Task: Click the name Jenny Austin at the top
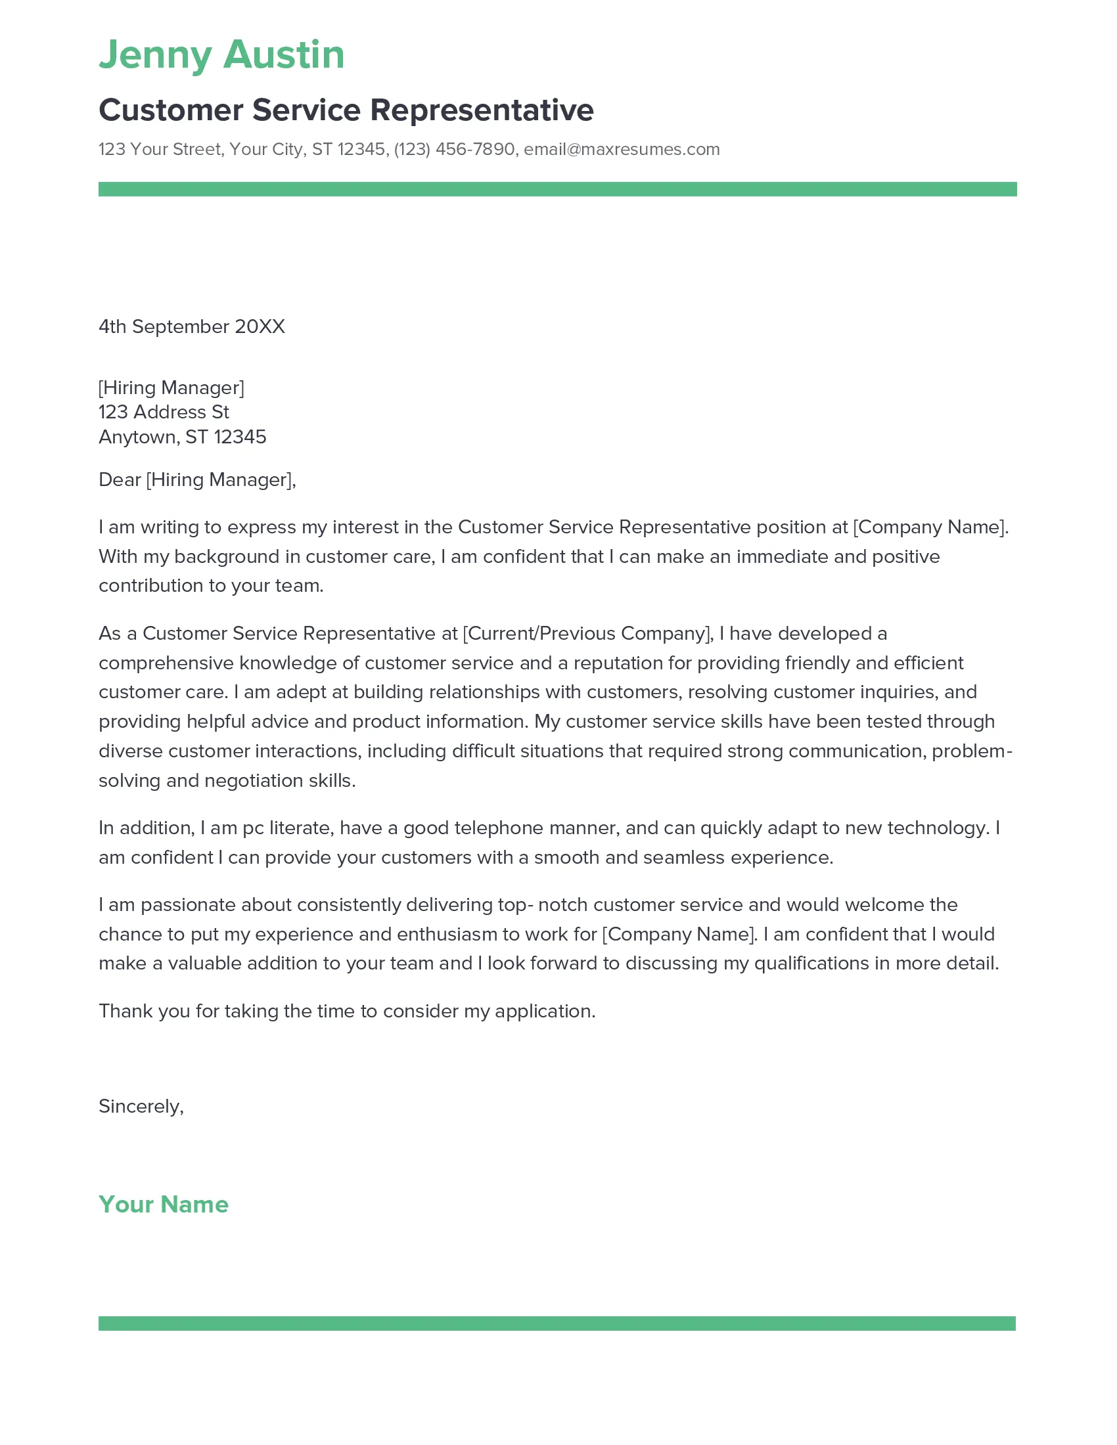point(221,55)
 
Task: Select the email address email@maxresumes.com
point(622,150)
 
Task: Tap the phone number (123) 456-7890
point(454,150)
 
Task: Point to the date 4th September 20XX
point(191,327)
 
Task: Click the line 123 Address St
point(164,412)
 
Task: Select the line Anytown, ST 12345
point(182,437)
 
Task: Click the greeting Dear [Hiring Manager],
point(196,479)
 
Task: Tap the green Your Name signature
point(163,1204)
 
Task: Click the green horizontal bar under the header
point(557,189)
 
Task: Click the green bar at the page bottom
point(557,1323)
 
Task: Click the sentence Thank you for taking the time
point(347,1012)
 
